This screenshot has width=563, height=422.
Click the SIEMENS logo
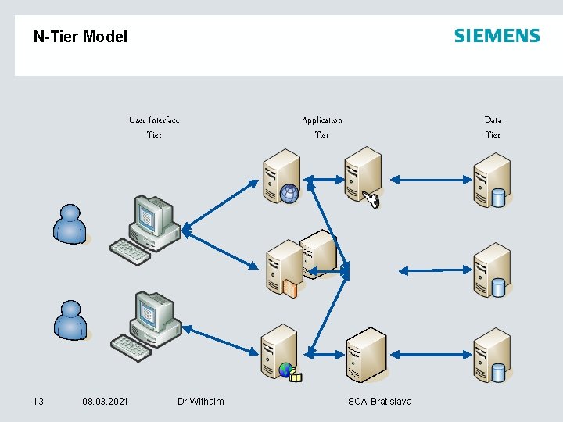(497, 36)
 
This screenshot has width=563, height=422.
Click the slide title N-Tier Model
(80, 37)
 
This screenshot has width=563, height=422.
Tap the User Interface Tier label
(154, 127)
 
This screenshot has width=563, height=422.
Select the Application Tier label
(321, 127)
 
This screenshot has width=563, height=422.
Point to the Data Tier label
(493, 127)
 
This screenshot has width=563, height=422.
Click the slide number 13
(38, 402)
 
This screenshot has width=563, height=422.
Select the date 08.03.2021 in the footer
(105, 402)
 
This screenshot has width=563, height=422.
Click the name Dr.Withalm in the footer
(200, 402)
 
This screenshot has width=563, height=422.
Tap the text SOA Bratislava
(379, 402)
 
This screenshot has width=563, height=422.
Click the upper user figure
(70, 224)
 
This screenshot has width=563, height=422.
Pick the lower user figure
(70, 320)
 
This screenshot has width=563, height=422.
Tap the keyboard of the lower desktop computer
(130, 345)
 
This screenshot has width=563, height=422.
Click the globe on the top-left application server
(290, 194)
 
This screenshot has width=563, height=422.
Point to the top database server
(491, 180)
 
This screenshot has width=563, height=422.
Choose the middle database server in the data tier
(491, 269)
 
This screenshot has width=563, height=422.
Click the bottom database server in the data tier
(491, 356)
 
